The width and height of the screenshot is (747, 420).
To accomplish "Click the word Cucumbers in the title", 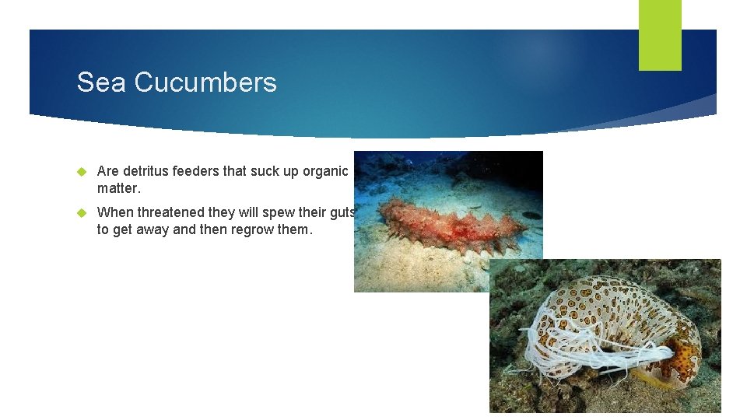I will tap(205, 82).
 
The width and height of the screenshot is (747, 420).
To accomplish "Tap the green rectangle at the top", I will tap(660, 34).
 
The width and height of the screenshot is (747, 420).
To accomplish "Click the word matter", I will tap(117, 188).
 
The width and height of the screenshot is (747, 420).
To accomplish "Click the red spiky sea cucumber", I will tap(443, 226).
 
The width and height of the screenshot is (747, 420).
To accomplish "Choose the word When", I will tap(114, 212).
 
